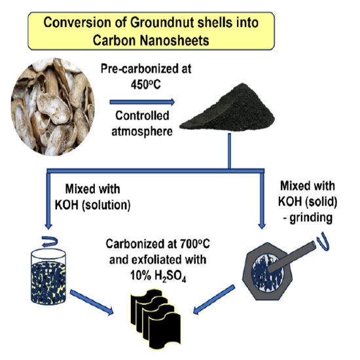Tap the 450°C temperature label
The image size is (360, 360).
(146, 84)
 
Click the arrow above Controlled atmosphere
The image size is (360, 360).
(142, 102)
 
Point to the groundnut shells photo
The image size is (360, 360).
(53, 106)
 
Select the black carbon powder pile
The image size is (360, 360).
(227, 108)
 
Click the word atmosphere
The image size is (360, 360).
(142, 132)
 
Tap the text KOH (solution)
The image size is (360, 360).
(92, 205)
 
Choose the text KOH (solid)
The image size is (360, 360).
(308, 202)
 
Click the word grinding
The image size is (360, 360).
(311, 217)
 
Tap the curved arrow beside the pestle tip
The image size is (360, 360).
(323, 243)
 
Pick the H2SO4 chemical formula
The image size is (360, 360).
(170, 276)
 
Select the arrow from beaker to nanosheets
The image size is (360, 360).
(92, 302)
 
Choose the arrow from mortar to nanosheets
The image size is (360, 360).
(214, 299)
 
